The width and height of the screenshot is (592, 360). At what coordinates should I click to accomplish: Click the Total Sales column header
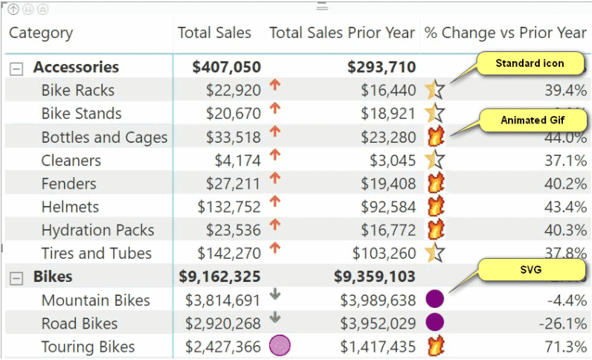214,33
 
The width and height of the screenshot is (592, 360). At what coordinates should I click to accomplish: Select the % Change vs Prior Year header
505,33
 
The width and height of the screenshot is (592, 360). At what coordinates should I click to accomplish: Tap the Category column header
41,33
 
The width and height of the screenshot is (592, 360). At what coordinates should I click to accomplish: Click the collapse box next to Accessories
16,68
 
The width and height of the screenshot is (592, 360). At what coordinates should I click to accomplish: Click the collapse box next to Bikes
16,278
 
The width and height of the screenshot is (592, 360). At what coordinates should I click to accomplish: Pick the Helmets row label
70,207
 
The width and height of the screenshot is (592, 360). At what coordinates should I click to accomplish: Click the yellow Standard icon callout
530,63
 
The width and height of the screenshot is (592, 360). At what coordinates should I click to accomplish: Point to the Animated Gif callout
533,120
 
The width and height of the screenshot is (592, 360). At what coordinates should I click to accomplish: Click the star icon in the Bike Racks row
435,90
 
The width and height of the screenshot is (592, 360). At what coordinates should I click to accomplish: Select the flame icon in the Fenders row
435,183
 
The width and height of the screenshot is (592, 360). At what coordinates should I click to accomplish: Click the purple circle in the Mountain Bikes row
434,299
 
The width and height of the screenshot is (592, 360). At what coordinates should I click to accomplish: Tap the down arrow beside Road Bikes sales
275,318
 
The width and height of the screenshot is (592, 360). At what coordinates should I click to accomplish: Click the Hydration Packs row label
97,230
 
